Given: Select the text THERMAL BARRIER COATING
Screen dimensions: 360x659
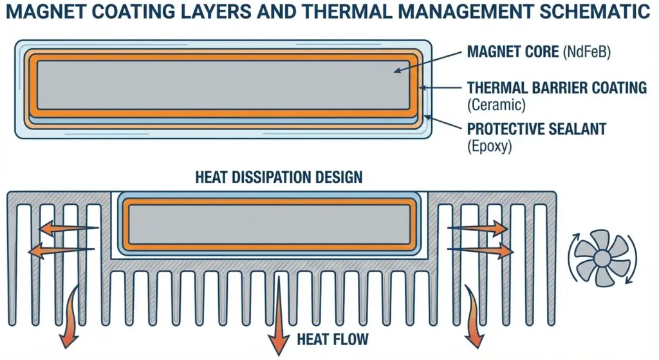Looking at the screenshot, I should [x=557, y=88].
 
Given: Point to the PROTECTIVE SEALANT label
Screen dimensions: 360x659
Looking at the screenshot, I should [x=537, y=129].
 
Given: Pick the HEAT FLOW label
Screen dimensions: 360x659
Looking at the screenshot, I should [x=333, y=338].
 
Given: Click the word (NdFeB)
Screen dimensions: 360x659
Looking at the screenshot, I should [x=586, y=52].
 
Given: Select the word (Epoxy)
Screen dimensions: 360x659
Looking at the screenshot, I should [x=489, y=146].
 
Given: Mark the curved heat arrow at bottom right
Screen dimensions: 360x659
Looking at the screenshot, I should [x=476, y=316].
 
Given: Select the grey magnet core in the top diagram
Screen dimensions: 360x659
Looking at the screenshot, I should [x=222, y=85].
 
